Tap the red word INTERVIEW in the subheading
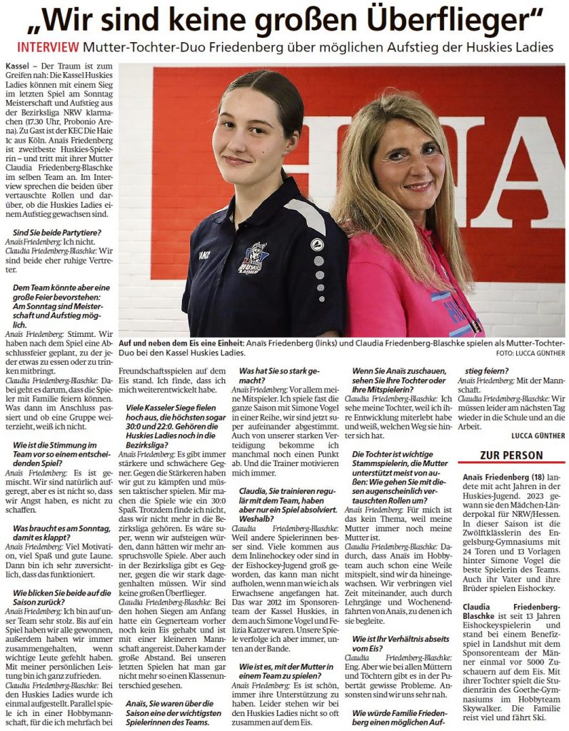click(47, 48)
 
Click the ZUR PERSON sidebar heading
click(511, 455)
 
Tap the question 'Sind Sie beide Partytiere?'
click(56, 232)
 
